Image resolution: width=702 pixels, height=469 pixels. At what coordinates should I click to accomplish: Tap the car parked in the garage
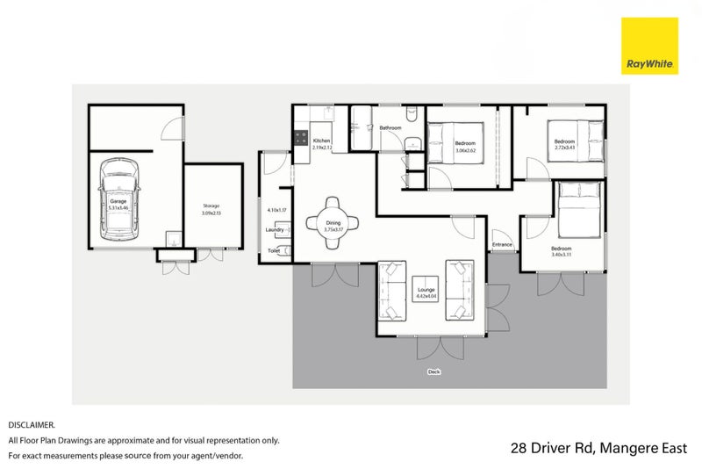tap(119, 200)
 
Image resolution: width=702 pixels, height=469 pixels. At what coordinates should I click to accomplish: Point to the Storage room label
tap(211, 206)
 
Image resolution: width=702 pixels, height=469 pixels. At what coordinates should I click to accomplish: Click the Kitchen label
tap(321, 141)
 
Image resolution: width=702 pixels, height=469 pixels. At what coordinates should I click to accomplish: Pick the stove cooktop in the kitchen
tap(299, 138)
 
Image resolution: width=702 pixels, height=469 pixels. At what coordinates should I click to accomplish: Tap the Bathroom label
tap(390, 128)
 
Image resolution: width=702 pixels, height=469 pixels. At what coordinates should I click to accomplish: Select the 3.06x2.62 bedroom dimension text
tap(465, 150)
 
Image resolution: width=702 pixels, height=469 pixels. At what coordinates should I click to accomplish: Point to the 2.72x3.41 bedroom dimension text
tap(564, 148)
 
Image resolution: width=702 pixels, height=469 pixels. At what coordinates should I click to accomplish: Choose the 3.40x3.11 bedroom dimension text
tap(562, 255)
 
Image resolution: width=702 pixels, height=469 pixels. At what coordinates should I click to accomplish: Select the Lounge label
tap(426, 289)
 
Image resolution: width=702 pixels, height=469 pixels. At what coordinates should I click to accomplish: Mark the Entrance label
tap(502, 245)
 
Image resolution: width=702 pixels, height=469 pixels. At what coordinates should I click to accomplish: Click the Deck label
tap(433, 372)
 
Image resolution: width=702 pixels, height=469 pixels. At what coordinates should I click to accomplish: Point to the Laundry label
tap(275, 230)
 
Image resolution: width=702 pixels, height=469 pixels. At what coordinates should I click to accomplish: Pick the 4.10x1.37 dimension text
tap(277, 211)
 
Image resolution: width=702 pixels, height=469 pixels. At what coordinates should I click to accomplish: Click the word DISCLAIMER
tap(32, 424)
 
